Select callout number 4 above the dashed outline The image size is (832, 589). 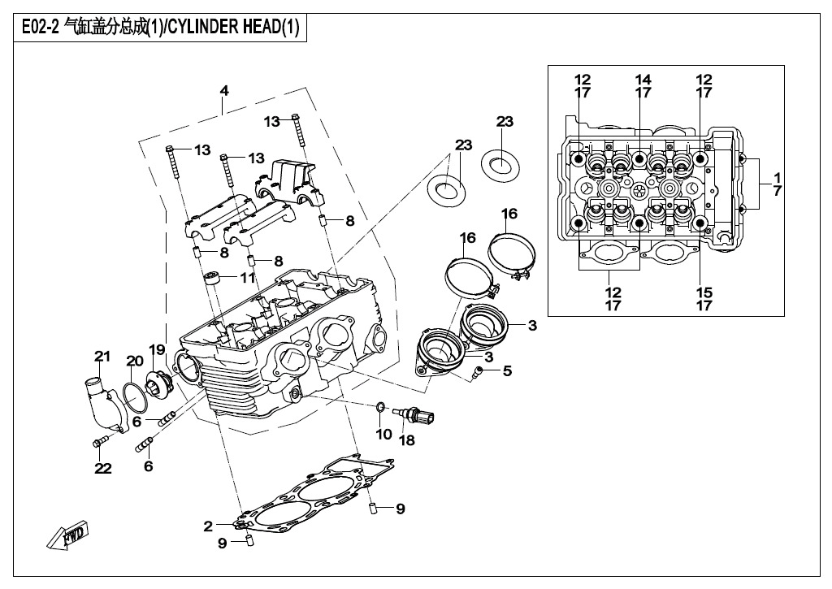(224, 91)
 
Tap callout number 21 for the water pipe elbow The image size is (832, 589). (102, 356)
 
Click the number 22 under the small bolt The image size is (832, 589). (102, 468)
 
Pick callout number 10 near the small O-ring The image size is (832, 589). (383, 435)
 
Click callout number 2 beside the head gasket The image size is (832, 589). (208, 526)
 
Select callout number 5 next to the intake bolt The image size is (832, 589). (507, 371)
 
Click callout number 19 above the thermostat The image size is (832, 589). (156, 350)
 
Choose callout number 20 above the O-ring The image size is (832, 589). (134, 361)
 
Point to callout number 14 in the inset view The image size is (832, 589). (643, 80)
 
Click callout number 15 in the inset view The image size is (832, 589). (704, 292)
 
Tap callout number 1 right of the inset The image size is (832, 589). (777, 177)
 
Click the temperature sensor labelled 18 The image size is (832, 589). (415, 415)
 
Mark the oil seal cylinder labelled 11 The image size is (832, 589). (214, 279)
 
